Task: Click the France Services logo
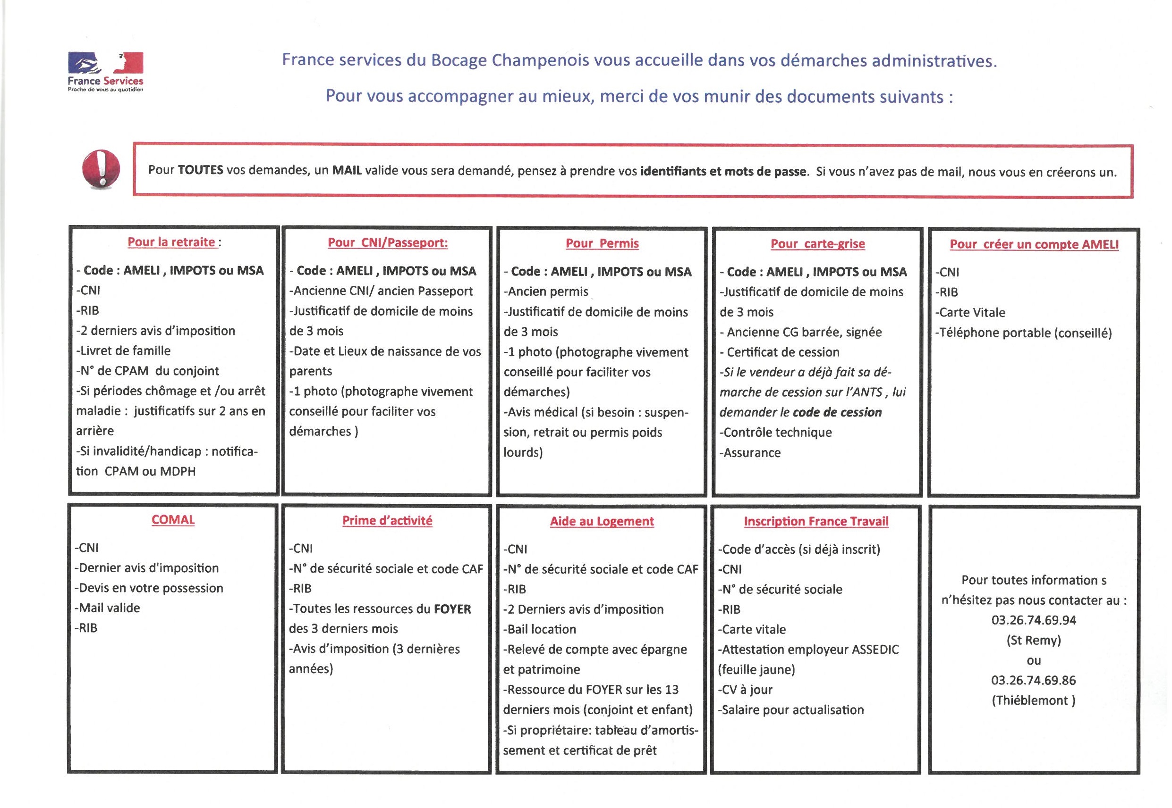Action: pyautogui.click(x=105, y=71)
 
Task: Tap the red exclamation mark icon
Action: pyautogui.click(x=101, y=169)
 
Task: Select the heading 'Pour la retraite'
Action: pyautogui.click(x=171, y=242)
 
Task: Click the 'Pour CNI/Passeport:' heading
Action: pyautogui.click(x=388, y=242)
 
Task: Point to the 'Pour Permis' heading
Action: pyautogui.click(x=602, y=243)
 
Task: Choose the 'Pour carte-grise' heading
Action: pyautogui.click(x=817, y=243)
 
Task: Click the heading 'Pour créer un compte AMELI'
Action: pyautogui.click(x=1034, y=244)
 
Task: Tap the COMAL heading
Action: pyautogui.click(x=173, y=520)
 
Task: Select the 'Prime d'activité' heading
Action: pyautogui.click(x=387, y=520)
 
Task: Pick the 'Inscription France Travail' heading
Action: pyautogui.click(x=816, y=522)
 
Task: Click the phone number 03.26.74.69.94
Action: pyautogui.click(x=1034, y=620)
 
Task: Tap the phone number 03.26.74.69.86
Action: pyautogui.click(x=1034, y=681)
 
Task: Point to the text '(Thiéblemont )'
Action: pyautogui.click(x=1034, y=700)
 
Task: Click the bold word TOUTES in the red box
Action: pyautogui.click(x=200, y=170)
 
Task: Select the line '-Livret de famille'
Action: pyautogui.click(x=123, y=351)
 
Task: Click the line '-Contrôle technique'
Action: pyautogui.click(x=775, y=433)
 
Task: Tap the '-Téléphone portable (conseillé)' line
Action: pyautogui.click(x=1024, y=333)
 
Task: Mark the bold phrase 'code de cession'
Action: pyautogui.click(x=837, y=413)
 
